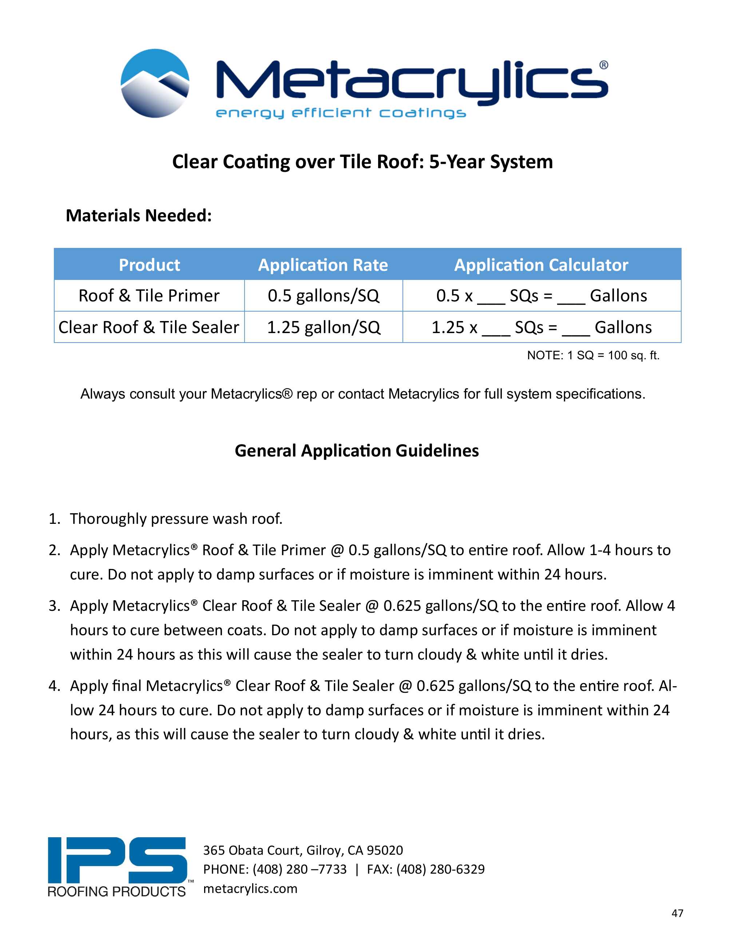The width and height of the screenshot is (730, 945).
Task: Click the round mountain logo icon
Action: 155,83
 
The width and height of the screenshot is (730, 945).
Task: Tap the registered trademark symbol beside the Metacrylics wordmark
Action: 603,65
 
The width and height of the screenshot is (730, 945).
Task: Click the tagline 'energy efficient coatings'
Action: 341,113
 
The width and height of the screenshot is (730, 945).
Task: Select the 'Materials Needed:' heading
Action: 139,216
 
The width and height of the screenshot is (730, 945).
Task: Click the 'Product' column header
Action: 149,265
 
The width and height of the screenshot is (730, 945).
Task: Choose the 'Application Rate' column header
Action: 323,265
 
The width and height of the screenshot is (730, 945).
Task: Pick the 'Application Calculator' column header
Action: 541,265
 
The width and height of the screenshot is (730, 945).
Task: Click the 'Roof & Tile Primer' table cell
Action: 149,296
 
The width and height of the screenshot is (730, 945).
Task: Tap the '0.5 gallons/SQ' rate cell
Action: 323,296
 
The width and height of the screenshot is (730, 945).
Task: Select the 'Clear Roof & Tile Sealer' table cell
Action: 149,328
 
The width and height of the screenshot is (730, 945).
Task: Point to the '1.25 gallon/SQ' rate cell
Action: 323,328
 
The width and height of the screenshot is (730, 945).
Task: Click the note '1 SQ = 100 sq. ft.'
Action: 593,356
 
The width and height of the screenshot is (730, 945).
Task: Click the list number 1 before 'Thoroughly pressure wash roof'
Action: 53,519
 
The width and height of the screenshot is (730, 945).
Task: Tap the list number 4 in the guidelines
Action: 53,686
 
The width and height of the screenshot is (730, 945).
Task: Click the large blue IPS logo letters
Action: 117,861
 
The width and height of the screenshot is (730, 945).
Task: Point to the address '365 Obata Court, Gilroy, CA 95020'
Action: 303,850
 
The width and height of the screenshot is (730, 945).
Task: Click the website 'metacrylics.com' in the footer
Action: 250,888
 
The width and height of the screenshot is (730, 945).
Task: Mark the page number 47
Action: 677,913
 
